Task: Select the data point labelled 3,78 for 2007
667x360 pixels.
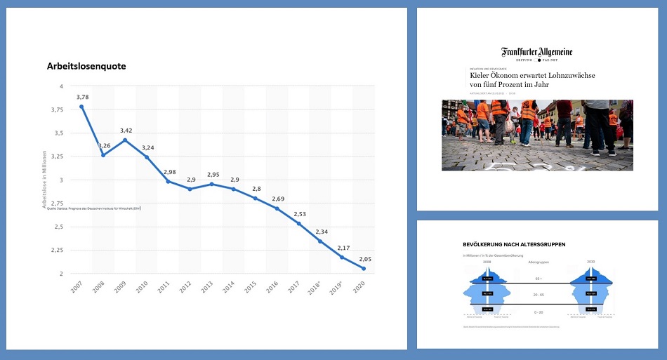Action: [81, 107]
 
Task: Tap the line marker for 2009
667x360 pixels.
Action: [125, 140]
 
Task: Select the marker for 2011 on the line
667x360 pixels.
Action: [167, 181]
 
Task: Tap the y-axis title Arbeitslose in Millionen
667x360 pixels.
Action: [44, 180]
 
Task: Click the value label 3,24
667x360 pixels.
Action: [147, 148]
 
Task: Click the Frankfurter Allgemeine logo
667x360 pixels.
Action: [536, 52]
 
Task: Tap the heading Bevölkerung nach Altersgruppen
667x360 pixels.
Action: [514, 244]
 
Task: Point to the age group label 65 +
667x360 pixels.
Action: [539, 279]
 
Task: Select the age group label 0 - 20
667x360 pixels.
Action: [539, 311]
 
